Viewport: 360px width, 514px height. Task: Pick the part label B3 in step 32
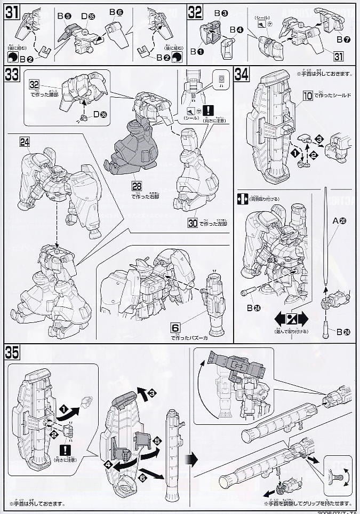click(x=221, y=12)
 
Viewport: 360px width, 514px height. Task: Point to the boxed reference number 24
click(x=25, y=141)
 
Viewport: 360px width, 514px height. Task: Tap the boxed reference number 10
click(x=307, y=96)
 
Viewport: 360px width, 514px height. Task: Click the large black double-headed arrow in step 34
click(x=292, y=320)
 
